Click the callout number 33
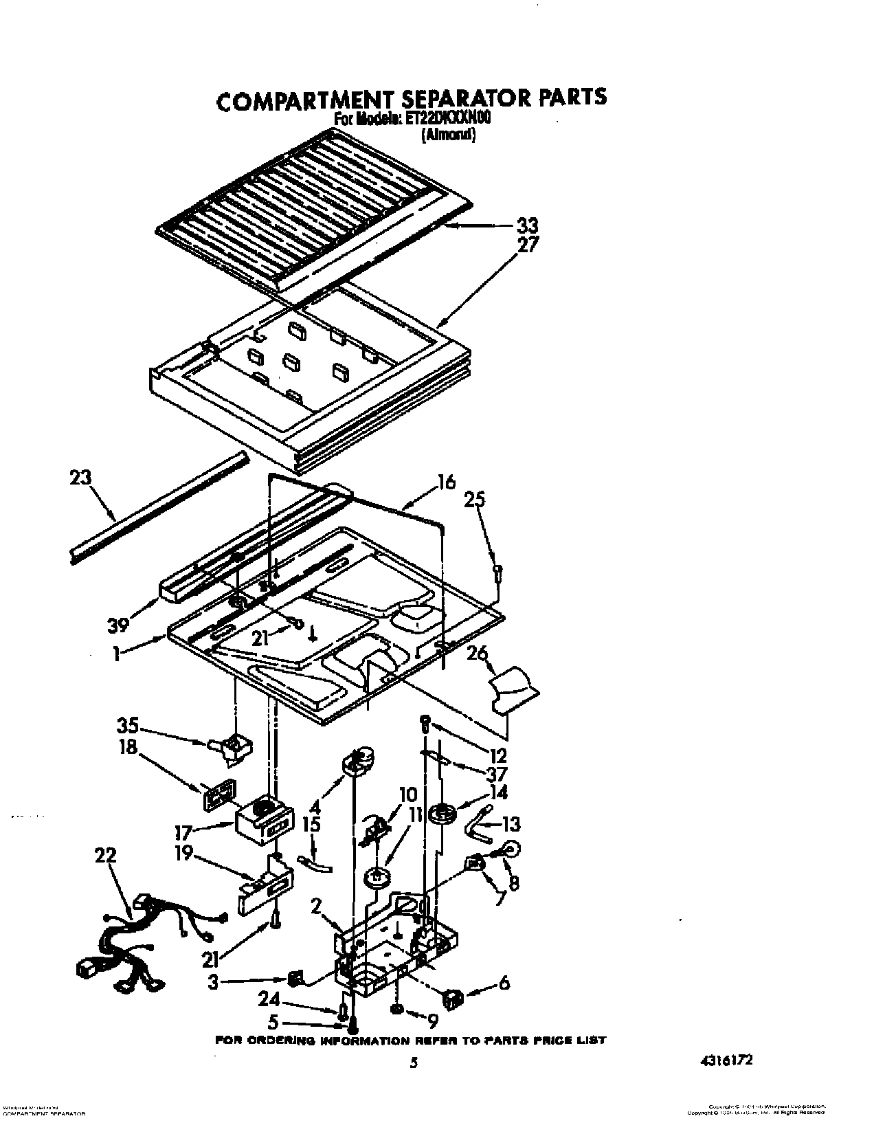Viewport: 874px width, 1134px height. pos(527,225)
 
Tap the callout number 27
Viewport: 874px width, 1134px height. pos(528,244)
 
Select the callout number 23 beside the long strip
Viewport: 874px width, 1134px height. pos(80,477)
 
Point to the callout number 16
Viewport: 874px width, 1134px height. pos(446,482)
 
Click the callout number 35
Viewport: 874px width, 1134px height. pos(128,726)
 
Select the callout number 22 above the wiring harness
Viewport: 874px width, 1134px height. pos(106,856)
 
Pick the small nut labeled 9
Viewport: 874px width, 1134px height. pos(397,1009)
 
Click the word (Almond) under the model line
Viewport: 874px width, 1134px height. pos(448,135)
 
